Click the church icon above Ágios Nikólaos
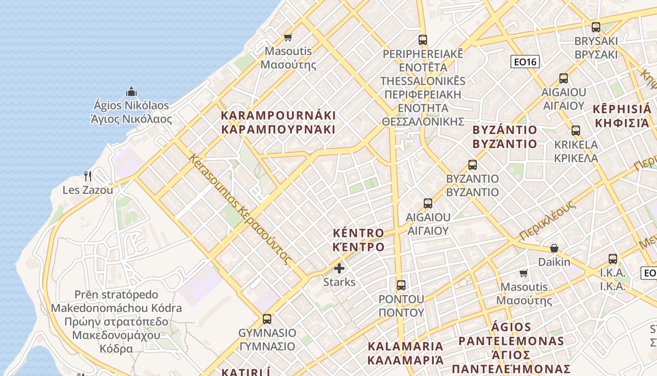pos(131,91)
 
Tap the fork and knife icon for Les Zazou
pos(88,176)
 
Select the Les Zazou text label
pos(88,190)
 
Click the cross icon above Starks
pos(339,268)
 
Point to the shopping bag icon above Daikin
pos(554,248)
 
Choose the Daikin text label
pos(554,262)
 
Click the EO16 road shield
pos(525,62)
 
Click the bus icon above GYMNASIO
pos(267,319)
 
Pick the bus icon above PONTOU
pos(401,285)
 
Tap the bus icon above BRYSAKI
pos(596,27)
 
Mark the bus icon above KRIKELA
pos(576,131)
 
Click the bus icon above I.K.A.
pos(613,258)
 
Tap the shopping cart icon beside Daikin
pos(524,273)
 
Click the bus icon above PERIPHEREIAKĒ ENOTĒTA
pos(423,40)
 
